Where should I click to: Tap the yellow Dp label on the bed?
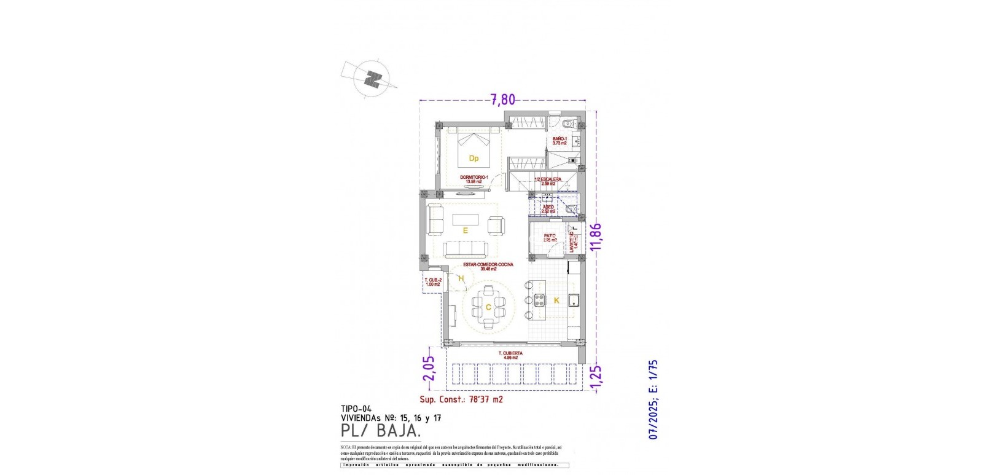click(x=474, y=159)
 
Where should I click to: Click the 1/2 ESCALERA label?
click(x=548, y=180)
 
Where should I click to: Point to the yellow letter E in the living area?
click(x=466, y=231)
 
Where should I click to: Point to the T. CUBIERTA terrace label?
click(x=510, y=354)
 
